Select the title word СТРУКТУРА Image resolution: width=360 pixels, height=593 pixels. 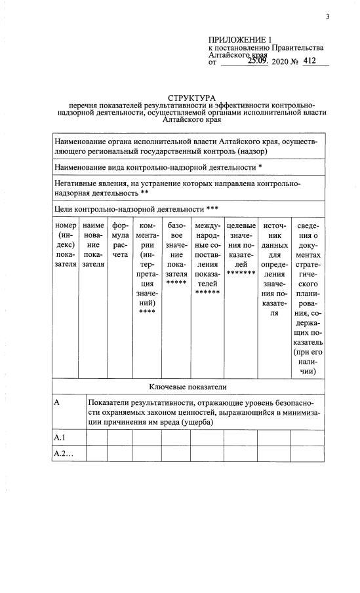[x=196, y=98]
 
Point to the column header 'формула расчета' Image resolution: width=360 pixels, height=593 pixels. [x=120, y=240]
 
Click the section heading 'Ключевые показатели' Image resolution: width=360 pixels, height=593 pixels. [x=188, y=387]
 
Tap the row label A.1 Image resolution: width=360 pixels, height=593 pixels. [x=60, y=437]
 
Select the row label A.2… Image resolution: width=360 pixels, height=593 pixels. [x=64, y=453]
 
